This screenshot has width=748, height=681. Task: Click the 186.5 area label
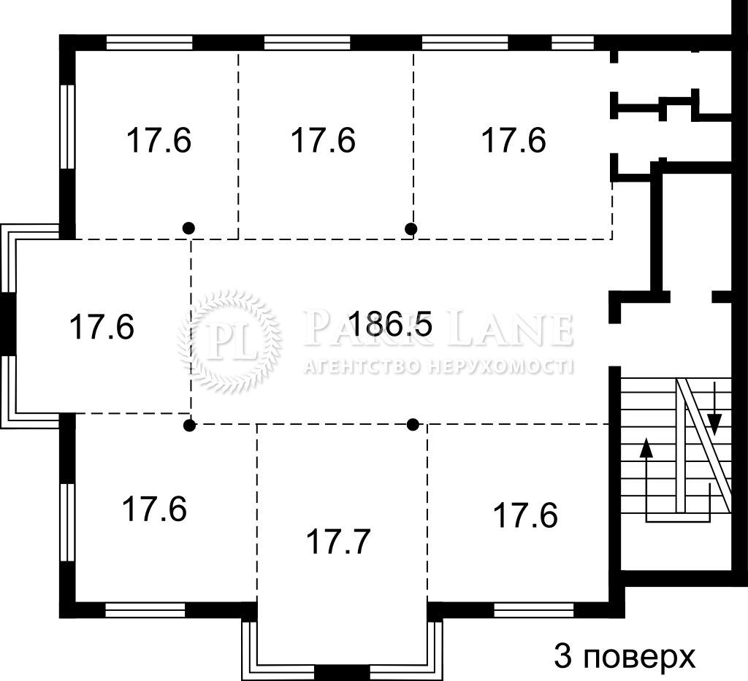click(x=391, y=323)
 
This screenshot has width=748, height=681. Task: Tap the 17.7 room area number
click(x=337, y=542)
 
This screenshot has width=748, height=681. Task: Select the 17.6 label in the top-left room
click(x=159, y=140)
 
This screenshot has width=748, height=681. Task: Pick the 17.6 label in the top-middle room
click(x=324, y=140)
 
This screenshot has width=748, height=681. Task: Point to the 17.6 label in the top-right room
click(x=514, y=140)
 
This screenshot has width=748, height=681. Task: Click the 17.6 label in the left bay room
click(x=102, y=326)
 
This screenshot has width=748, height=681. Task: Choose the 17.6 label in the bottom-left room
click(x=155, y=509)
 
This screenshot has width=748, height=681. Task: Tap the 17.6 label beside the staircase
click(x=525, y=515)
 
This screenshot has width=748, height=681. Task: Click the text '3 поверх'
click(x=625, y=657)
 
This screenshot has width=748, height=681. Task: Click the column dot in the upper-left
click(x=189, y=228)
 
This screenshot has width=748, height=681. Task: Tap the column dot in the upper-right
click(x=411, y=228)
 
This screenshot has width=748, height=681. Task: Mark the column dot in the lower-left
click(x=190, y=426)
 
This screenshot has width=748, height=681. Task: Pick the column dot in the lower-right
click(x=413, y=424)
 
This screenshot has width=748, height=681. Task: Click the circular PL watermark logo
click(x=229, y=342)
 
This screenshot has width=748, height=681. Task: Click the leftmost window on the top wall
click(x=149, y=43)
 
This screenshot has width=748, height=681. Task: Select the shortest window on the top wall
click(x=573, y=43)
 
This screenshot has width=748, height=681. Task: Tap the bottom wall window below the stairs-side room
click(x=533, y=610)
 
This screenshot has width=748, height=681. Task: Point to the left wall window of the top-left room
click(x=68, y=126)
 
